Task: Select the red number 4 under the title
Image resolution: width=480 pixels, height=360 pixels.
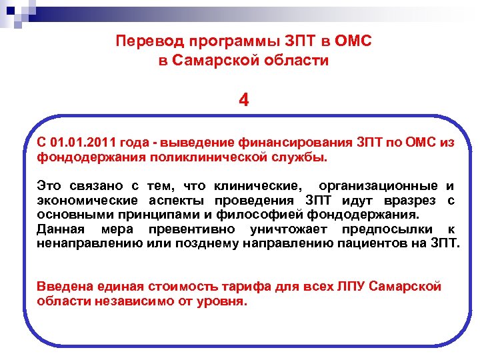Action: coord(244,101)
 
